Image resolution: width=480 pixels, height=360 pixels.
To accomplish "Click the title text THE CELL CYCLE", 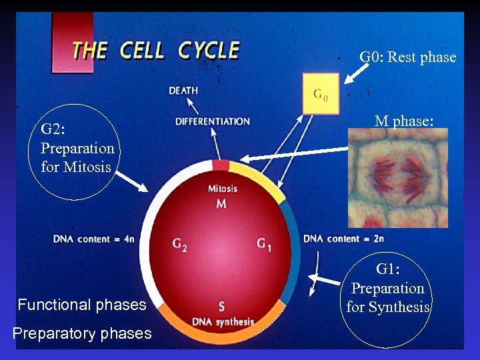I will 155,51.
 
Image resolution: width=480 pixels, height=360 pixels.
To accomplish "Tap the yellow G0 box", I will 321,94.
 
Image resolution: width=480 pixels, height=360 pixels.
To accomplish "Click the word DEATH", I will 183,91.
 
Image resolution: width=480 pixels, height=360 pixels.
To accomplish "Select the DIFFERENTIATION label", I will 213,121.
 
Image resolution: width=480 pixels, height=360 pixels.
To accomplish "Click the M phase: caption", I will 403,121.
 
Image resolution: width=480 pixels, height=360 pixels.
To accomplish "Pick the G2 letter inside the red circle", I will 179,245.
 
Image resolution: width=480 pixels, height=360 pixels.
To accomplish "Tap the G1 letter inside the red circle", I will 264,245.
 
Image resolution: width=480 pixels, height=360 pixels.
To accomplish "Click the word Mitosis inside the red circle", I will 222,189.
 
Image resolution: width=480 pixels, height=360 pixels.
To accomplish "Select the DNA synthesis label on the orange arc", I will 223,321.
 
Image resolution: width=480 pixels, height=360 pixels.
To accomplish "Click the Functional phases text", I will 82,305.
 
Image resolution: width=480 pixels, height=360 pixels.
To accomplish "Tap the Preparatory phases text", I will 82,333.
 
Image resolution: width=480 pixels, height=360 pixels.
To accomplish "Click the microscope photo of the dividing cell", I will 398,178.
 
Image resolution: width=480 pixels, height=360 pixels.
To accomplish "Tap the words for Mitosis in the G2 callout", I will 76,167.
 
